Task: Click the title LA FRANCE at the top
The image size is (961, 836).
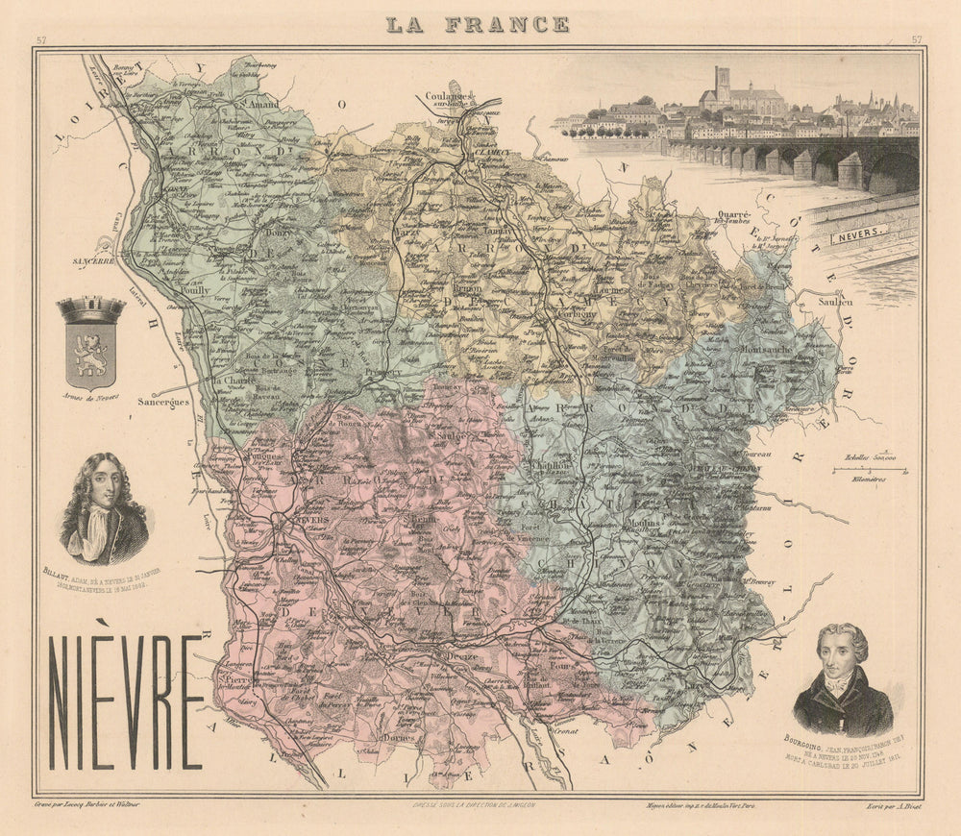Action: click(477, 24)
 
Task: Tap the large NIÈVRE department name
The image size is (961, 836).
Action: click(126, 702)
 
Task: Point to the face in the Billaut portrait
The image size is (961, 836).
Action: click(102, 486)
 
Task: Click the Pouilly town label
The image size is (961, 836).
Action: click(192, 288)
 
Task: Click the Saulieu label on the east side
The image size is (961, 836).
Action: click(836, 301)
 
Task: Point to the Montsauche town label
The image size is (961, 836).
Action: click(765, 350)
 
